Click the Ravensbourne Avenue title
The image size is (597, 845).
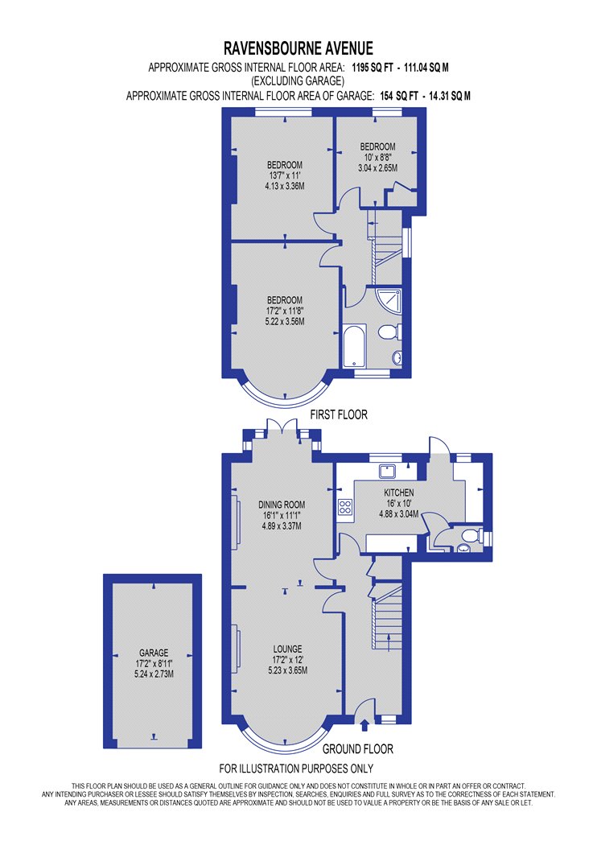click(298, 48)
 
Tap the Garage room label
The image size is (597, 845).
click(154, 653)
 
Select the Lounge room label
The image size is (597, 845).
click(287, 649)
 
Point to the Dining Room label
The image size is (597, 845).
click(282, 505)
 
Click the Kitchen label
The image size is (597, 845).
click(399, 493)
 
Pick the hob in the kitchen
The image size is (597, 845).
click(345, 507)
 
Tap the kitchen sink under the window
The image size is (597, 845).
click(387, 471)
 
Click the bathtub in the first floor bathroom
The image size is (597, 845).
click(354, 345)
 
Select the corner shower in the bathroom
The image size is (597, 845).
click(389, 299)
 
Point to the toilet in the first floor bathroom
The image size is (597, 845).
click(389, 332)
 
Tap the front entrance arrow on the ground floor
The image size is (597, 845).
click(364, 725)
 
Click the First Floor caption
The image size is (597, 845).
click(339, 414)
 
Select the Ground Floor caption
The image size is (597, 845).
click(358, 748)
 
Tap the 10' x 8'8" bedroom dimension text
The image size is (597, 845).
click(377, 158)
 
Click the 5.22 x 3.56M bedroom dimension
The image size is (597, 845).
click(285, 321)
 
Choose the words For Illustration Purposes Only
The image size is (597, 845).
click(296, 769)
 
